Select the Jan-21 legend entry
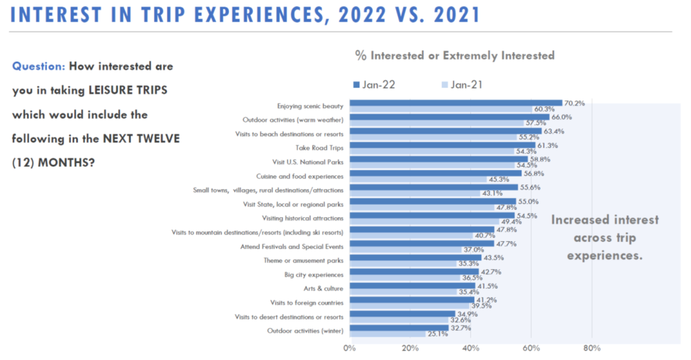(x=462, y=85)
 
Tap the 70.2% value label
(x=574, y=103)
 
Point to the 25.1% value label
(x=437, y=334)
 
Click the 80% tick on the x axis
(x=591, y=349)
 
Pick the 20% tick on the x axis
(x=410, y=349)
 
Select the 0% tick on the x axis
(x=349, y=349)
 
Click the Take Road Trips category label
(x=320, y=148)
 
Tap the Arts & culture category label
(x=323, y=288)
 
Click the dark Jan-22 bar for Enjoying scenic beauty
(x=455, y=103)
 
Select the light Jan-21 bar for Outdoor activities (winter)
(x=387, y=334)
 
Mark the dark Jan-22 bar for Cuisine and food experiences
(x=435, y=173)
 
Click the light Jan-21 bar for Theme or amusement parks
(x=403, y=264)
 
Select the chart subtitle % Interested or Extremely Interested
(x=455, y=56)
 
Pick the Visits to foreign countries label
(x=307, y=302)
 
